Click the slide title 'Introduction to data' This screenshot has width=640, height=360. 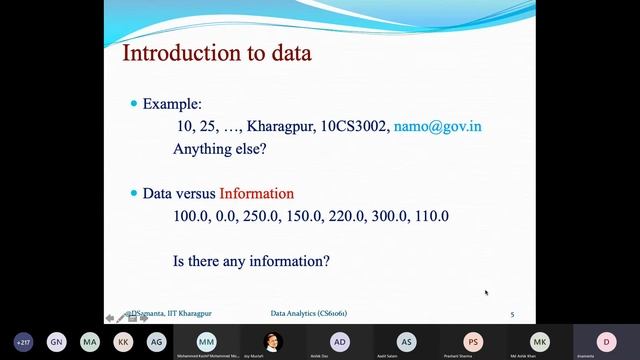[x=216, y=53]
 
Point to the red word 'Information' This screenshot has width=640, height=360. [x=257, y=193]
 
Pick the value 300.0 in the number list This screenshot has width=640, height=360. [x=380, y=215]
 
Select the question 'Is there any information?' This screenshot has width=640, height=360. [x=251, y=261]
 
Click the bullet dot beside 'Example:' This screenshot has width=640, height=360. [x=135, y=105]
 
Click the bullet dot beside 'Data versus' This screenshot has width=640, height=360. [x=135, y=194]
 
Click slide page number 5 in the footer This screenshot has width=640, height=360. [x=513, y=315]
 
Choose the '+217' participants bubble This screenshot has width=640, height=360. [x=23, y=341]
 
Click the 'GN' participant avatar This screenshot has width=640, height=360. [x=57, y=341]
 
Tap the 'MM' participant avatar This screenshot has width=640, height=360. [x=206, y=341]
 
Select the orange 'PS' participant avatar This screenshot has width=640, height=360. [x=472, y=341]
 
